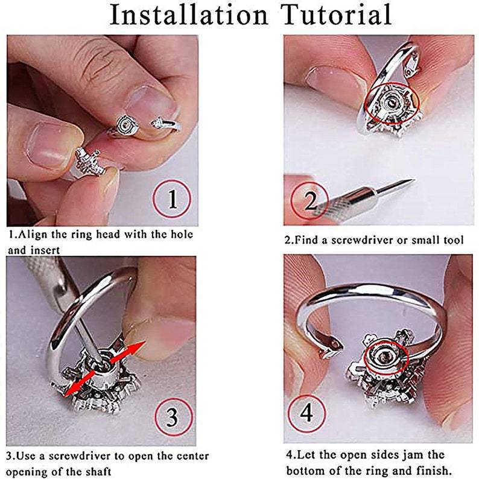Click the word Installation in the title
point(189,14)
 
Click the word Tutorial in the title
point(337,14)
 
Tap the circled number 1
point(172,198)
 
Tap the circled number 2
point(309,201)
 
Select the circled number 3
point(174,417)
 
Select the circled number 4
point(306,413)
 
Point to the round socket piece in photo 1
point(126,125)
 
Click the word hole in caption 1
point(182,234)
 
